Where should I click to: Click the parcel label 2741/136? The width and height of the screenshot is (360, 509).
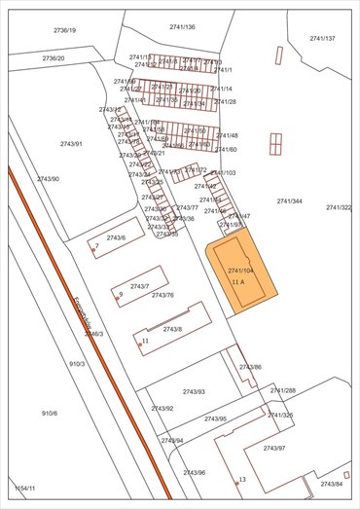(182, 27)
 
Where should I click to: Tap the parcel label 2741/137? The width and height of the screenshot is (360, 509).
(322, 39)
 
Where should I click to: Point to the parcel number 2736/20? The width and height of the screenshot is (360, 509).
(54, 58)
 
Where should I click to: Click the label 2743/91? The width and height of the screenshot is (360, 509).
(71, 144)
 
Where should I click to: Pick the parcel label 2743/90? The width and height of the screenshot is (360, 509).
(48, 179)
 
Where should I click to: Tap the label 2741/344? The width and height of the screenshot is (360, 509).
(289, 201)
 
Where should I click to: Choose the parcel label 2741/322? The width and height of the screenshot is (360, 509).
(339, 207)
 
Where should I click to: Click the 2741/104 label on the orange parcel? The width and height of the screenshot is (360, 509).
(240, 270)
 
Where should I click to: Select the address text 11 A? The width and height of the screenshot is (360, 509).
(238, 281)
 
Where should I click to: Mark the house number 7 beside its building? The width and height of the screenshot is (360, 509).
(97, 246)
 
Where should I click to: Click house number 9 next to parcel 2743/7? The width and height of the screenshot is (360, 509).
(120, 294)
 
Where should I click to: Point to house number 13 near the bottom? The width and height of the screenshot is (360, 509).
(242, 480)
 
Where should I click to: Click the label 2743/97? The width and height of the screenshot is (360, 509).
(274, 448)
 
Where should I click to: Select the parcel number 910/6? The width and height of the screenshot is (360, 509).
(50, 414)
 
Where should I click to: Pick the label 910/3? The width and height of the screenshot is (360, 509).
(77, 364)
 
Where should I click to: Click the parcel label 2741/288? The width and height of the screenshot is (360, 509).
(283, 390)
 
